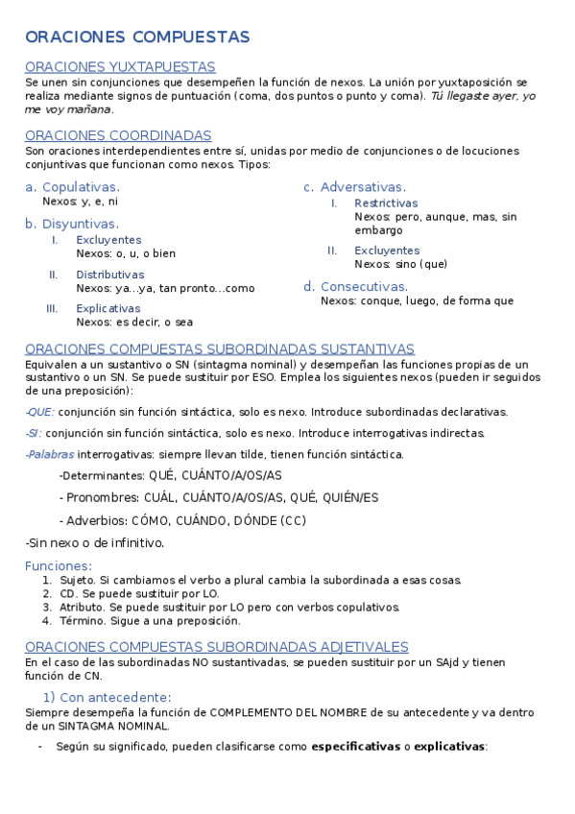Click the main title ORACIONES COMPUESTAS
pos(137,37)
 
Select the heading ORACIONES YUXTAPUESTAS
pos(120,67)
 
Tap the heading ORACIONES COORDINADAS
pos(118,135)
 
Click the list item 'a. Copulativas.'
pos(72,187)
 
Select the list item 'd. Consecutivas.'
pos(355,286)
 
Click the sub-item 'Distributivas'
pos(110,275)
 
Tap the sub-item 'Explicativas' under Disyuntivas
pos(108,309)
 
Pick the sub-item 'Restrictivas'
pos(386,203)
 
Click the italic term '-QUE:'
pos(40,412)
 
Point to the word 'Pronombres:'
pos(104,497)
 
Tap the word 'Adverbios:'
pos(100,520)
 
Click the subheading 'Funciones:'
pos(59,565)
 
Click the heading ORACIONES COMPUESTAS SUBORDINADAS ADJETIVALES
pos(217,647)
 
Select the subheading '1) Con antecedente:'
pos(107,697)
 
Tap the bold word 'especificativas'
pos(355,746)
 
